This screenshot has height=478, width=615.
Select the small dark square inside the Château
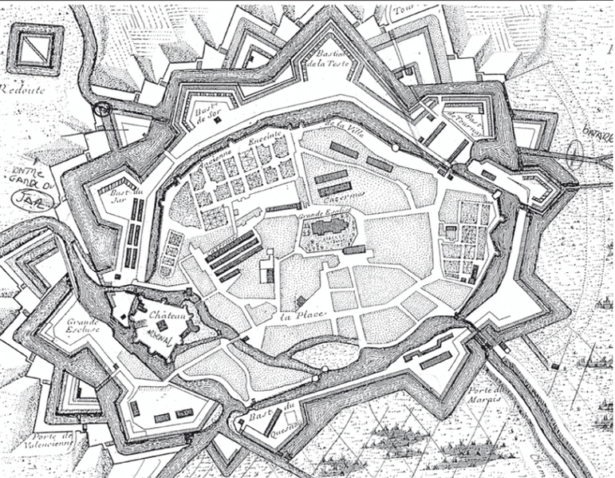coord(162,326)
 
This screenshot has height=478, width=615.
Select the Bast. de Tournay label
coord(464,124)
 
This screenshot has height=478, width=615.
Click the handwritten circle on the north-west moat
coord(102,109)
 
